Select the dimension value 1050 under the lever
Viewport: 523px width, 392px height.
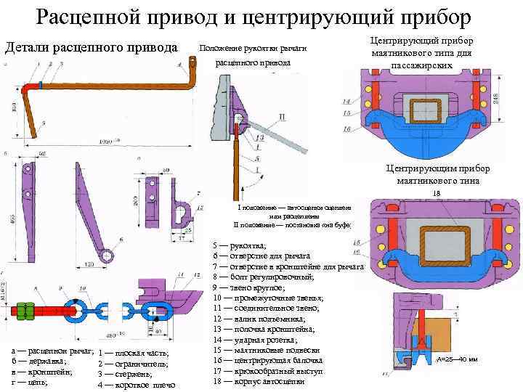point(107,141)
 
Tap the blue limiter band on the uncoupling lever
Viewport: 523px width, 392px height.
point(41,85)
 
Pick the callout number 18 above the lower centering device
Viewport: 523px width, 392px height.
point(437,193)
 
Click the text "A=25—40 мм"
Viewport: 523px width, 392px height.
point(457,359)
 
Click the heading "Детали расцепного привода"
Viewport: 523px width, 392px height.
point(92,48)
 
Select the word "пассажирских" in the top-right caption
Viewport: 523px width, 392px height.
point(421,65)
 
